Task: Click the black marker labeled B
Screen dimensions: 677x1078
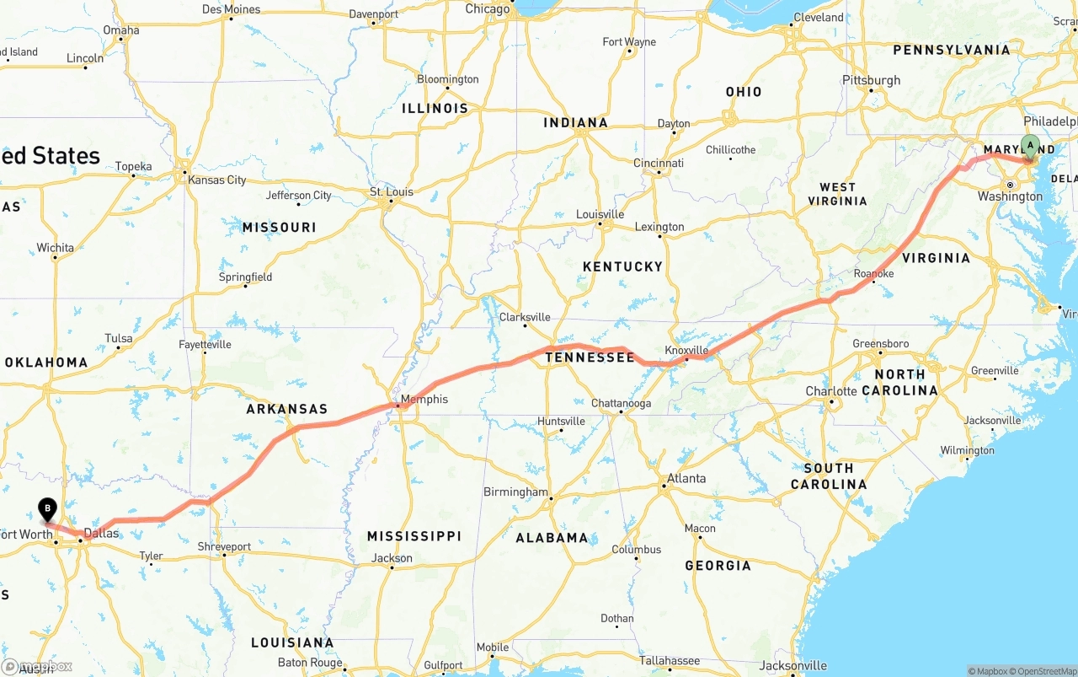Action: pyautogui.click(x=47, y=508)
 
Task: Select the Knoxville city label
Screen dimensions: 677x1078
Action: pyautogui.click(x=686, y=350)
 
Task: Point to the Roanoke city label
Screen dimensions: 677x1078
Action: pyautogui.click(x=873, y=274)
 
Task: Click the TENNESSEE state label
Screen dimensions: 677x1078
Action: pyautogui.click(x=590, y=357)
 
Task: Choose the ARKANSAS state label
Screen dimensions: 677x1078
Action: pyautogui.click(x=286, y=409)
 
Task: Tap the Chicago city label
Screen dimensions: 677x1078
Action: pyautogui.click(x=488, y=9)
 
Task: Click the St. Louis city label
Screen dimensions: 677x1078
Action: pyautogui.click(x=392, y=192)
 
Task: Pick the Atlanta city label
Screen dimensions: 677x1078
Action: pyautogui.click(x=686, y=478)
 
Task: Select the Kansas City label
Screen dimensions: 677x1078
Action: pyautogui.click(x=217, y=180)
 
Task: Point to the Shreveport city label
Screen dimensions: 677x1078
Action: pyautogui.click(x=224, y=546)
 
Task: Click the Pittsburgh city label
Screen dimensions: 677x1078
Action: pyautogui.click(x=871, y=80)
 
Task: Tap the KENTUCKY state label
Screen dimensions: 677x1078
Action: pyautogui.click(x=622, y=266)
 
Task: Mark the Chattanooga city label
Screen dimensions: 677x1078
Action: pyautogui.click(x=621, y=403)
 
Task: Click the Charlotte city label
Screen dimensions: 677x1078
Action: pyautogui.click(x=830, y=391)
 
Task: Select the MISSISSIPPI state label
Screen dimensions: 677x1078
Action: pyautogui.click(x=414, y=536)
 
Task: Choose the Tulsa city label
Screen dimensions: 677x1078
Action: pyautogui.click(x=119, y=339)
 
